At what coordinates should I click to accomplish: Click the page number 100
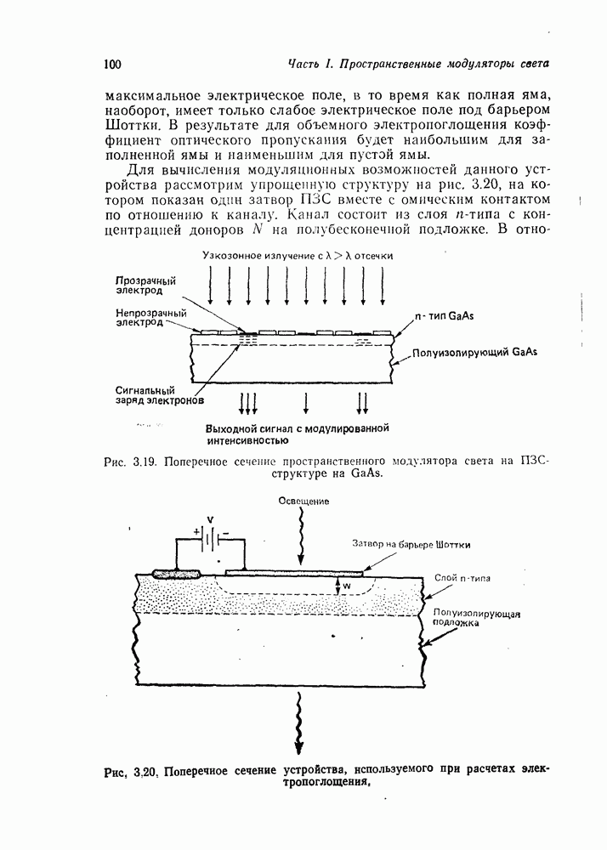coord(114,64)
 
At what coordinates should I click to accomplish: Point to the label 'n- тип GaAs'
coord(443,316)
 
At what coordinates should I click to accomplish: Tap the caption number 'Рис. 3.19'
coord(126,462)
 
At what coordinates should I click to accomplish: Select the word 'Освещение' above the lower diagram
coord(303,501)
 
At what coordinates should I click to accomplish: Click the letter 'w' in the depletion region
coord(346,586)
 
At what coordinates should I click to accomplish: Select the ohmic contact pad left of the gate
coord(176,574)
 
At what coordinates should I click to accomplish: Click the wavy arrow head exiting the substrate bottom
coord(299,746)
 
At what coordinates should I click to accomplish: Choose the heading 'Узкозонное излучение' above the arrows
coord(255,256)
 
